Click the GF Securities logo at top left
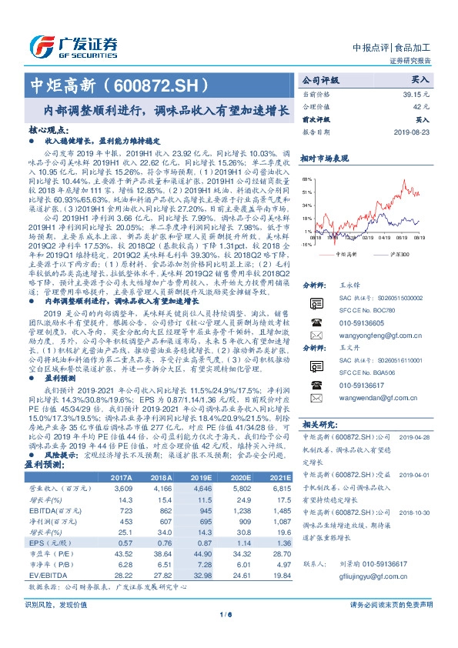[73, 45]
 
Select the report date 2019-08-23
[413, 131]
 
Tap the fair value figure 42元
[422, 106]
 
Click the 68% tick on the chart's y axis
[306, 177]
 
